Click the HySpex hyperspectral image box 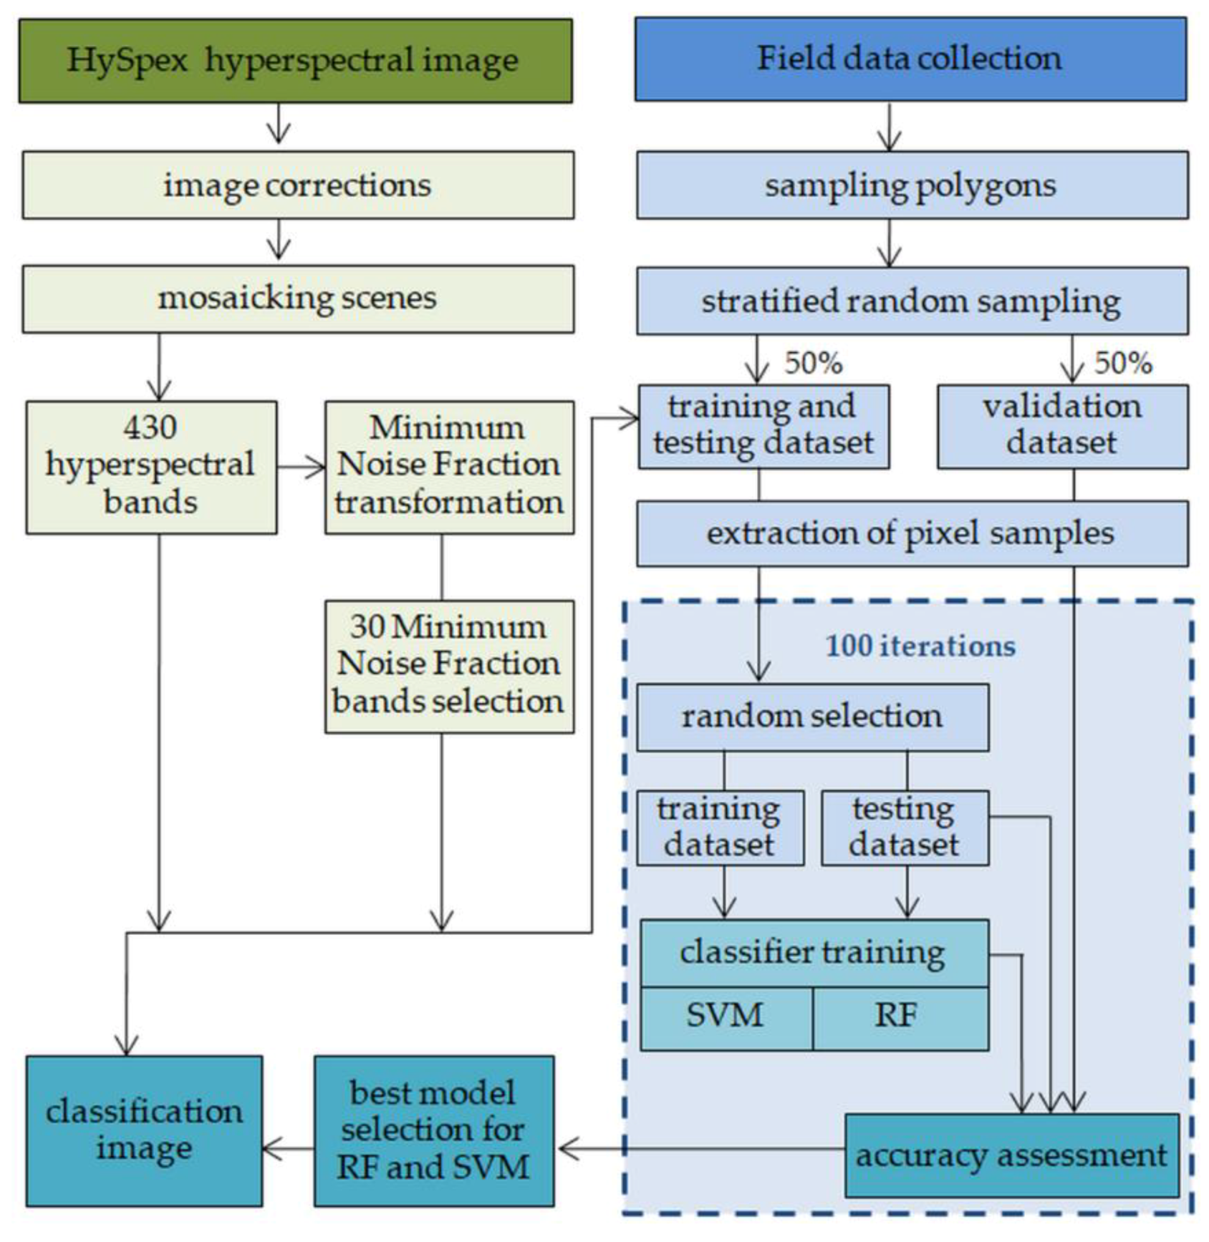[295, 61]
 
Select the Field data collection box [910, 59]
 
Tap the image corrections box [298, 185]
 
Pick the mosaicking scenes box [298, 299]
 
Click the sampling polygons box [912, 185]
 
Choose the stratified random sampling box [912, 301]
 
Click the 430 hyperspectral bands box [151, 467]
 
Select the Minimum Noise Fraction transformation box [449, 467]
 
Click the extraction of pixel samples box [912, 534]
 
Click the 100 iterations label [920, 646]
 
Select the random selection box [812, 717]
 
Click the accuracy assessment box [1011, 1156]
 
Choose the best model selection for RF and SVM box [434, 1131]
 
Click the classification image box [144, 1131]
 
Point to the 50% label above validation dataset [1123, 364]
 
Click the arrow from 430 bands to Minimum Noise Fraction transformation [300, 468]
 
